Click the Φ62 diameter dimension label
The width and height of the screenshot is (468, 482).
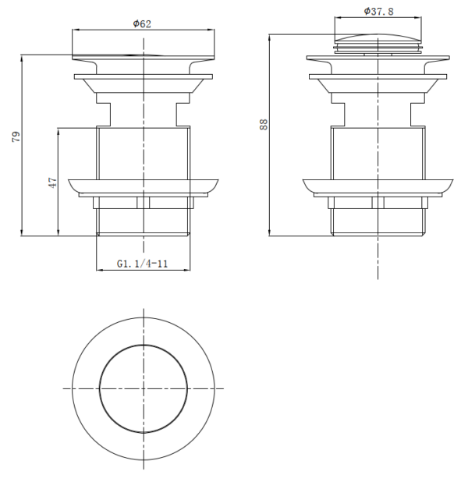click(142, 23)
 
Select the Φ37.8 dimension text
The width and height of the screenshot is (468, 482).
click(378, 12)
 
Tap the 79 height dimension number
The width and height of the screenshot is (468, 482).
click(16, 136)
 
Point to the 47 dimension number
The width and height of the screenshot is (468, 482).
click(52, 183)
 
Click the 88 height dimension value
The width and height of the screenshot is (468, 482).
click(264, 125)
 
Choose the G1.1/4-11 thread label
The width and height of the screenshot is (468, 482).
click(143, 264)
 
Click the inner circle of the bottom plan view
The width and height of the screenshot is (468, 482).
click(144, 346)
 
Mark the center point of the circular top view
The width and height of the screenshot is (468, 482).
click(144, 389)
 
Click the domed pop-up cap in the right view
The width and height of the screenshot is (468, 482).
click(378, 38)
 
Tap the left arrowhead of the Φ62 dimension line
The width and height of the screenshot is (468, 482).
click(76, 30)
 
